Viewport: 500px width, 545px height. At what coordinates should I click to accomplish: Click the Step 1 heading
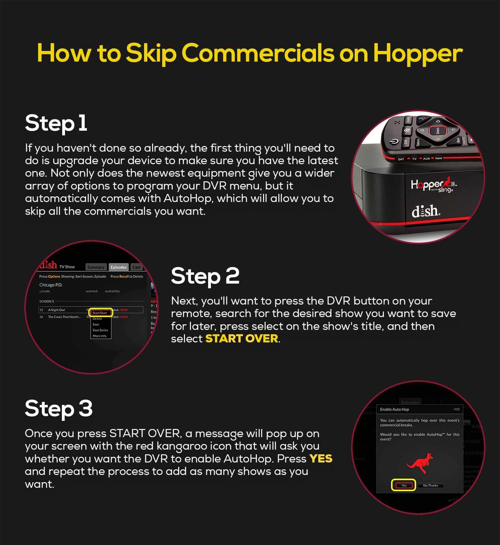56,123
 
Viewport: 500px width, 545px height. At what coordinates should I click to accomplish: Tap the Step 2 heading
205,276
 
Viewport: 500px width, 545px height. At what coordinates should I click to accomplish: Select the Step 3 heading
58,408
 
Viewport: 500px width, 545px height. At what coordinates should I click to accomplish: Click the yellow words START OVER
242,339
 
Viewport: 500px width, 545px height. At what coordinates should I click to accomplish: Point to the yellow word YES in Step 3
321,459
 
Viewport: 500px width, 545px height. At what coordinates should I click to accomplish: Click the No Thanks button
430,486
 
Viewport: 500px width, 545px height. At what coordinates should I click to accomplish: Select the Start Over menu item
100,313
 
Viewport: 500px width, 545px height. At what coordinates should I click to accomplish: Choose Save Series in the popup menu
100,330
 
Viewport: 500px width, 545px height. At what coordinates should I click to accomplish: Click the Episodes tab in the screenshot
118,267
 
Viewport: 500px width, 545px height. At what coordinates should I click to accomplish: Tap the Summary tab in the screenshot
96,267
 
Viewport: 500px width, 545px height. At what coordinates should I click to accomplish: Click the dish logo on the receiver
426,211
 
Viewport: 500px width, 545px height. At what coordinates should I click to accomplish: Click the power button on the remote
395,142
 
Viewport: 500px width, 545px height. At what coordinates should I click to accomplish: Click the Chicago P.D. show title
51,285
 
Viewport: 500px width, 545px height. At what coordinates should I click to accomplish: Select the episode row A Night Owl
57,310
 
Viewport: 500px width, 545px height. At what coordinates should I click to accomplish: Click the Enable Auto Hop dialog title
394,409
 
